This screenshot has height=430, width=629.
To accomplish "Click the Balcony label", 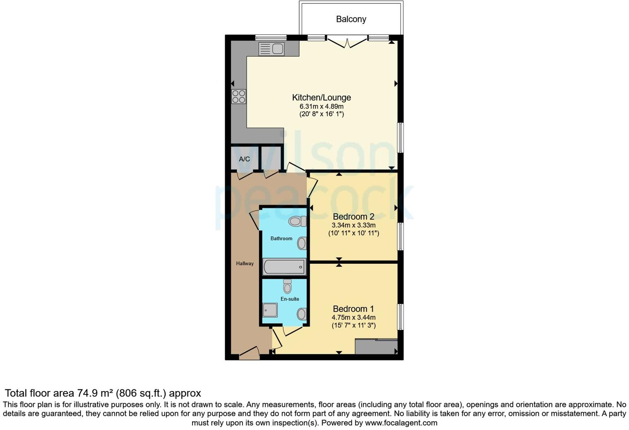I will point(351,19).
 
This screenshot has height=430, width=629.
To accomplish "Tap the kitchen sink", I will point(271,49).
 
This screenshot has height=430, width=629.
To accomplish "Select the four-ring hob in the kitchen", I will point(238,96).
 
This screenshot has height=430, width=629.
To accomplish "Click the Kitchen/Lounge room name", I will point(322,98).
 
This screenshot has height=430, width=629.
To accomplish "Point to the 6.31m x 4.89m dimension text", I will point(322,106).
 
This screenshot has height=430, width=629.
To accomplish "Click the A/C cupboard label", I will point(244,159).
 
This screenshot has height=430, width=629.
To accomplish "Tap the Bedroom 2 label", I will point(353,217).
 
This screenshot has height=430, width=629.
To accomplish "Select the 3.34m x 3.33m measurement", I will point(353,225).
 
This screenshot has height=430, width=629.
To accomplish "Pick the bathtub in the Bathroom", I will point(284,267).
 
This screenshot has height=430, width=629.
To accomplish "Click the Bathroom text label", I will point(281,239).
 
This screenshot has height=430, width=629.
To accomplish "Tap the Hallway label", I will point(245,263).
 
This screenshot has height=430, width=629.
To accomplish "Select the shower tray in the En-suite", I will point(270,310).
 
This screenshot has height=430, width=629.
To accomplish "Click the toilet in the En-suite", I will point(287,286).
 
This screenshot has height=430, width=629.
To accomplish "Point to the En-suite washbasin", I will point(302,314).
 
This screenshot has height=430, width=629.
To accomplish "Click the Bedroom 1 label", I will point(353,309).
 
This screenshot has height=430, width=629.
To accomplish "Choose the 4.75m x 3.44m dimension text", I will point(353,318).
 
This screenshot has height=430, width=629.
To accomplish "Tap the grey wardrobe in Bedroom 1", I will point(376,346).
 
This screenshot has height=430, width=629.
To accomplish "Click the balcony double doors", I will point(347,41).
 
